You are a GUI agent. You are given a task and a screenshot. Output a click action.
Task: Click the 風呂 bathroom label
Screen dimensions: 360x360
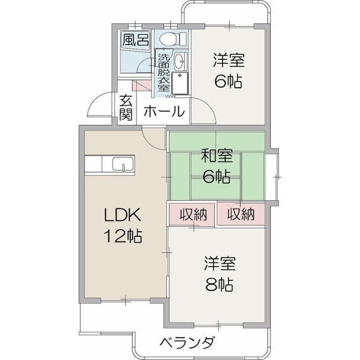pyautogui.click(x=136, y=40)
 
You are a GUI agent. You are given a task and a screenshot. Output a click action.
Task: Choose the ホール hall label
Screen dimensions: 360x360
pyautogui.click(x=164, y=111)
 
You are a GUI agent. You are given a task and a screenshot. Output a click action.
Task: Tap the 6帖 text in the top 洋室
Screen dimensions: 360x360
pyautogui.click(x=228, y=81)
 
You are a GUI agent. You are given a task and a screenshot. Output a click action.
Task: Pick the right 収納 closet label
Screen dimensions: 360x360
pyautogui.click(x=241, y=214)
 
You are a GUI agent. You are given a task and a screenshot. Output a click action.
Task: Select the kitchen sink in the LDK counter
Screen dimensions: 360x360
pyautogui.click(x=122, y=165)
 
